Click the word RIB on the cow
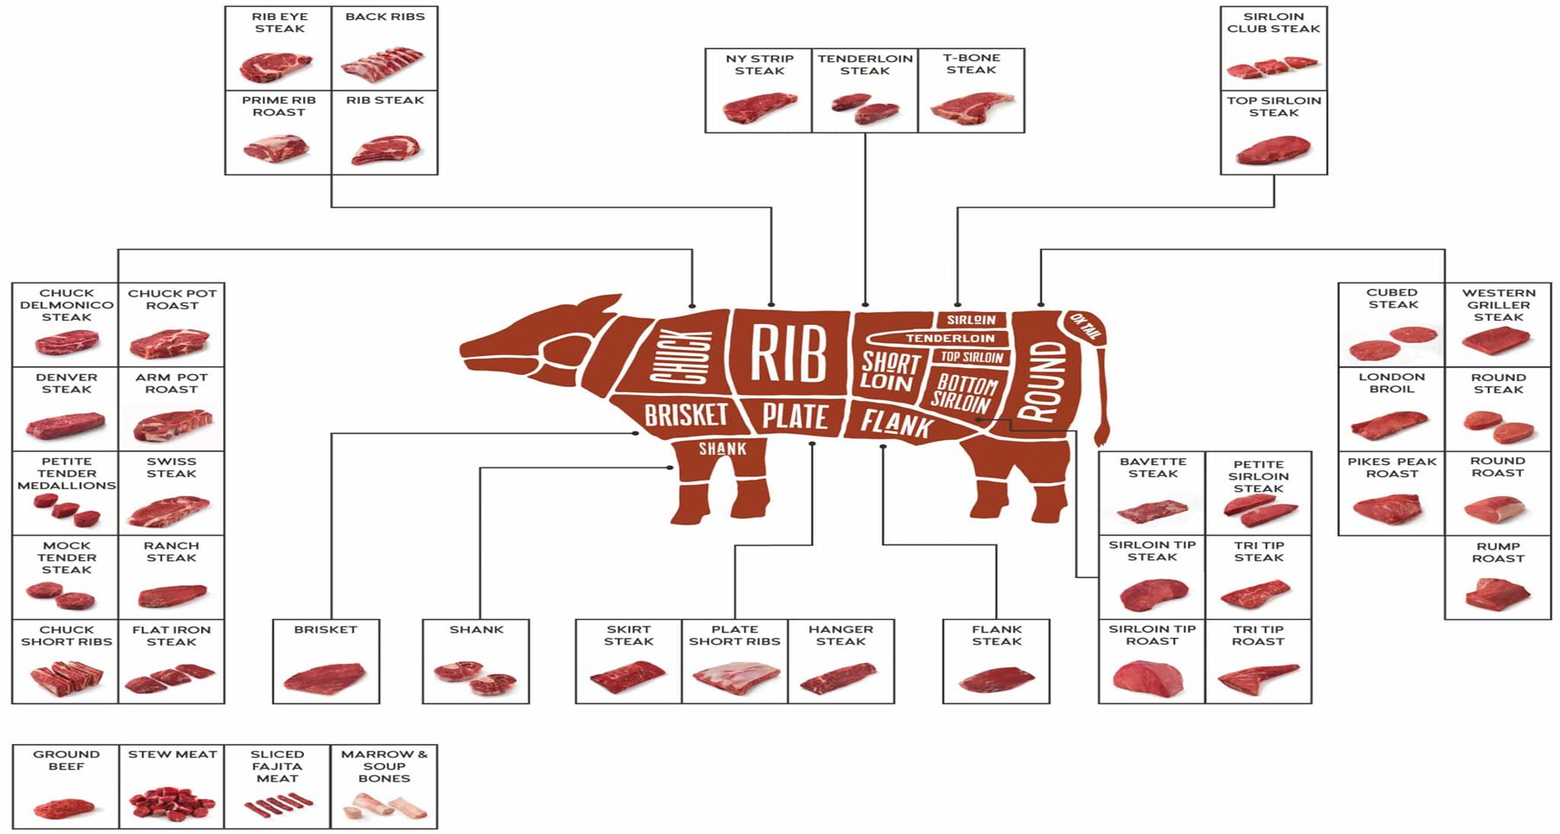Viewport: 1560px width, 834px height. (788, 353)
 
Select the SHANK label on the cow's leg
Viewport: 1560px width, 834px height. (722, 449)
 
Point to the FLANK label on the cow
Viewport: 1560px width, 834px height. (897, 423)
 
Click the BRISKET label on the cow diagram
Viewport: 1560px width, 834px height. (686, 415)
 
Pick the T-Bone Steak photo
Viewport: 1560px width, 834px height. (971, 107)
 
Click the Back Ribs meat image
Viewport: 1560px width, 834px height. (384, 64)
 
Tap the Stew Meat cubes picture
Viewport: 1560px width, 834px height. (171, 804)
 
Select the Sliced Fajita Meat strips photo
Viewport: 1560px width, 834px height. (276, 806)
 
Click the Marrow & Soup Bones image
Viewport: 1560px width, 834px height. (384, 807)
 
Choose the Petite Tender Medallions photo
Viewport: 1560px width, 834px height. (67, 511)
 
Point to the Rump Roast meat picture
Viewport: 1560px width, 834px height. (1497, 593)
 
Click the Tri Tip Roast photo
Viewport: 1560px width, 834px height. (1258, 678)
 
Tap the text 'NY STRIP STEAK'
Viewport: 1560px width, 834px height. (759, 65)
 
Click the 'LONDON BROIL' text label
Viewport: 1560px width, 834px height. (1392, 383)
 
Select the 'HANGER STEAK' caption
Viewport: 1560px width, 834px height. (840, 635)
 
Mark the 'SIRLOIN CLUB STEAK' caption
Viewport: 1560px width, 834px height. (1273, 22)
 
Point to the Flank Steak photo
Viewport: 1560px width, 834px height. (996, 679)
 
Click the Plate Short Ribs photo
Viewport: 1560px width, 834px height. (734, 679)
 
